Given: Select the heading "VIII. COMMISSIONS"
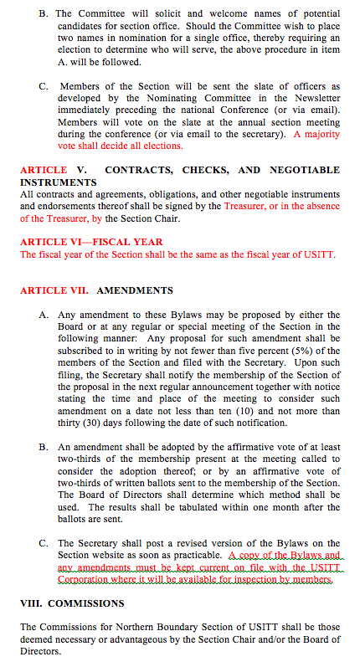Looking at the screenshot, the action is tap(72, 603).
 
